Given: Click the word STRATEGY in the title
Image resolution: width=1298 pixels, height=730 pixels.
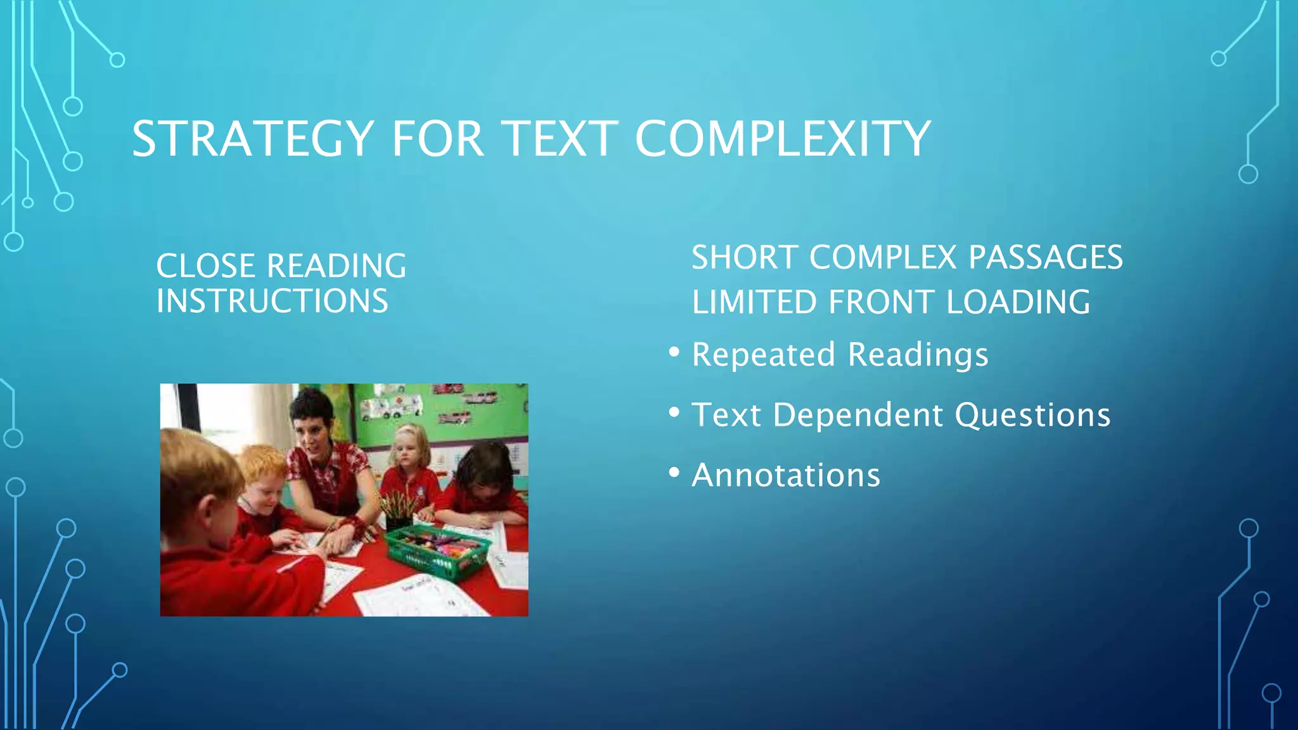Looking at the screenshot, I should pos(253,139).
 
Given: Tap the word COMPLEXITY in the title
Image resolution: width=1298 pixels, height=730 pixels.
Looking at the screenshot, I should pos(783,139).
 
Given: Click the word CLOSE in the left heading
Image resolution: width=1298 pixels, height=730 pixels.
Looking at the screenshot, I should pos(205,266).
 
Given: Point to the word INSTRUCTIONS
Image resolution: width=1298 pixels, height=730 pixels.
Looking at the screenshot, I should pos(273,302).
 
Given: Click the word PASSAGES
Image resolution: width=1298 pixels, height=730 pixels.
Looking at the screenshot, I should pos(1046,258).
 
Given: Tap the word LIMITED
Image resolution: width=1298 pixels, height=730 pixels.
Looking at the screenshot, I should pos(754,302).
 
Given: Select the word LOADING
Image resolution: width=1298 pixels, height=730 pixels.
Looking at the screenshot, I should pos(1018,302).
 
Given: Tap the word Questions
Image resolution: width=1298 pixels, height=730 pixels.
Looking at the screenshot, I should pos(1032,416).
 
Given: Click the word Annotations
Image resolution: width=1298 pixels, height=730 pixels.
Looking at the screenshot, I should pos(786,476).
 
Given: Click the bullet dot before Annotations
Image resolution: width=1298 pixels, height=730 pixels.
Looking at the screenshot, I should pos(674,473).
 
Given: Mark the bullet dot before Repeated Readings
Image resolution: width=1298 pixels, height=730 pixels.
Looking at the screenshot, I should pos(674,352).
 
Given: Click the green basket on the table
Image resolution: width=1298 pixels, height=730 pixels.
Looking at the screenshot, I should pos(437,551).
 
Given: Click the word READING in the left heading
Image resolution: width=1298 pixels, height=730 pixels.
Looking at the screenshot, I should pos(337,266).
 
